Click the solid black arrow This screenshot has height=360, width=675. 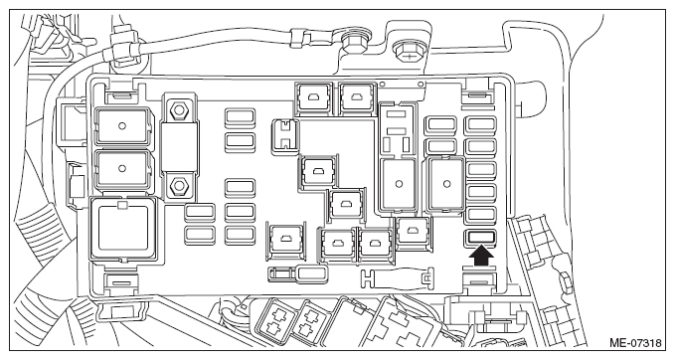click(x=481, y=257)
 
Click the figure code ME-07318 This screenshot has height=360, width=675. click(x=635, y=343)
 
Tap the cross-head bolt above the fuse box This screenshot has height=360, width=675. click(x=408, y=53)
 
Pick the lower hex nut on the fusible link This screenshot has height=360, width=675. click(x=177, y=187)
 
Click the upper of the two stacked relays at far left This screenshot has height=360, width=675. click(x=122, y=125)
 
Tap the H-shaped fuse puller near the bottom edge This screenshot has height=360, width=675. click(x=396, y=278)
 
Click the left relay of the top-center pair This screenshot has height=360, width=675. click(x=313, y=98)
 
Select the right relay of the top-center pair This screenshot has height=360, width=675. click(x=357, y=98)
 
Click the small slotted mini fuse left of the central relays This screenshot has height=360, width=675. click(x=285, y=134)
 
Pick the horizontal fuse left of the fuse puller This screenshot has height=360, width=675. click(x=312, y=273)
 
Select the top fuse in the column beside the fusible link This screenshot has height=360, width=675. click(x=240, y=116)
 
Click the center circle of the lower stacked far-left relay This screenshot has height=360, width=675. click(x=122, y=168)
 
